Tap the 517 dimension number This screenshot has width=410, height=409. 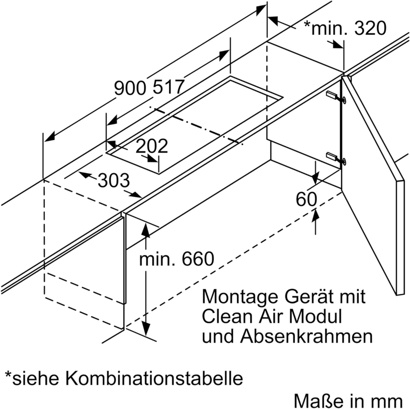pos(168,87)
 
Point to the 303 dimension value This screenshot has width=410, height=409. pos(114,180)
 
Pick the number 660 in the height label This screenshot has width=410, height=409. pos(198,259)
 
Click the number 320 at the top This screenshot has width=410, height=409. pos(370,28)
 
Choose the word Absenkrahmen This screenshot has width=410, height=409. pos(306,336)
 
